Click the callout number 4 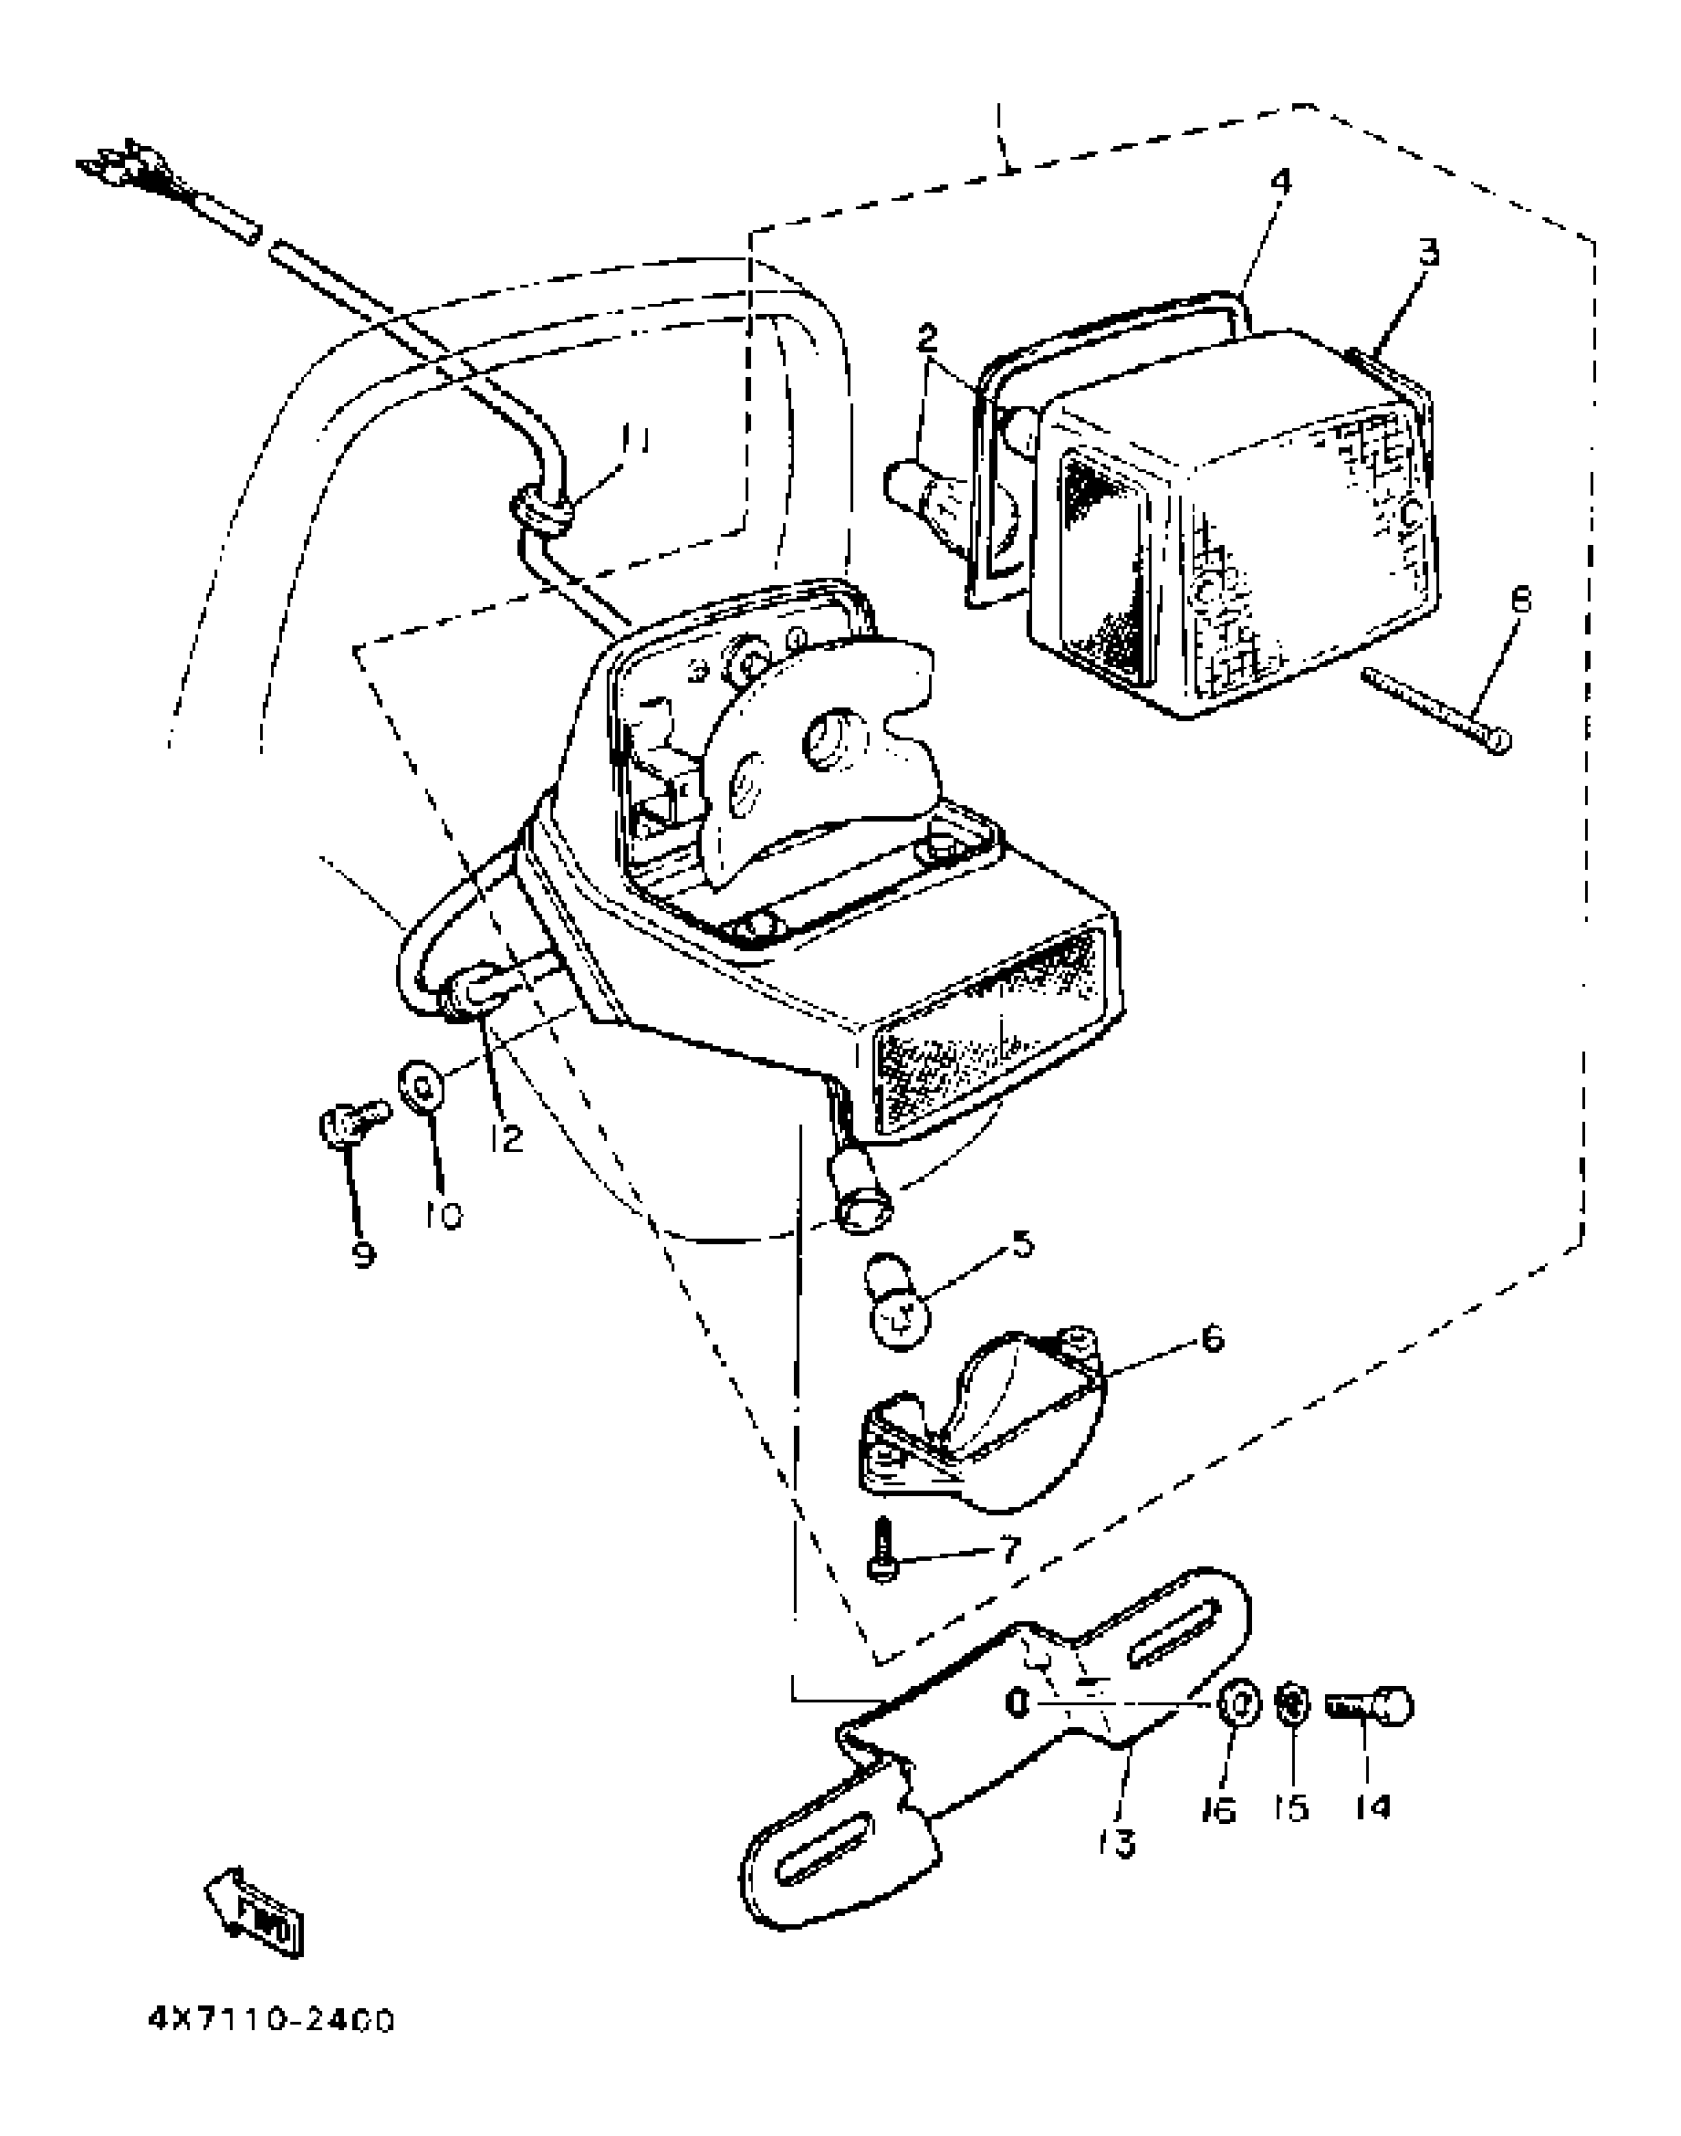coord(1282,182)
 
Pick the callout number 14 coord(1372,1808)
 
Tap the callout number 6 coord(1212,1339)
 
